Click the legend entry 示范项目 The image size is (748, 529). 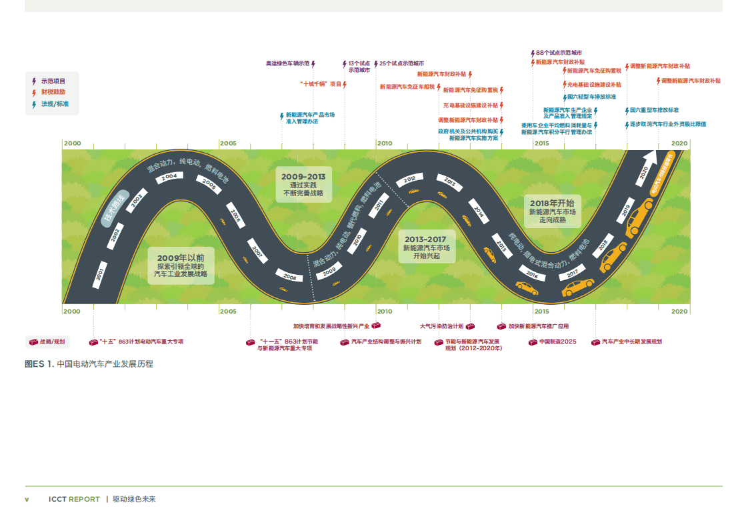(x=53, y=81)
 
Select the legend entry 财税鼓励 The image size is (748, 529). (x=53, y=92)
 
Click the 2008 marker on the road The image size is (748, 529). (x=289, y=276)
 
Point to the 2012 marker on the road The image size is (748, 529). (x=409, y=179)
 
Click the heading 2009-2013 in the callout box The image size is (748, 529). (x=303, y=177)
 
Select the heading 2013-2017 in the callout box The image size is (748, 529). (x=425, y=239)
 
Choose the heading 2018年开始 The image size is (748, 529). (x=552, y=203)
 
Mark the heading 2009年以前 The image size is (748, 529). (x=181, y=257)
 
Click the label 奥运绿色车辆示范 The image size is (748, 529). (x=288, y=63)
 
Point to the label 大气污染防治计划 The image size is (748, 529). (x=441, y=327)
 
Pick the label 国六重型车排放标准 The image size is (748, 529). (x=654, y=110)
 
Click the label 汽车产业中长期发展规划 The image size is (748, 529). (x=631, y=342)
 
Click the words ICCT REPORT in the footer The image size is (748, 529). (x=74, y=499)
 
